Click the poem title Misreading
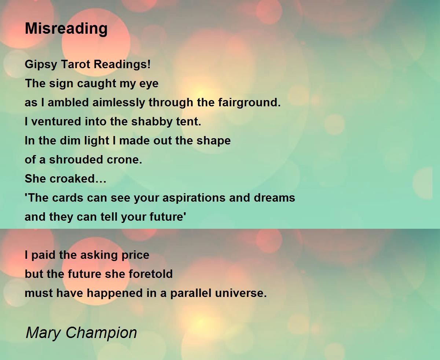click(x=66, y=29)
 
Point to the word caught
click(x=96, y=84)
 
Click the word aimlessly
click(x=118, y=103)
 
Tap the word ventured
click(x=56, y=121)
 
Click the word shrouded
click(x=76, y=159)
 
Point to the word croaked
click(x=78, y=179)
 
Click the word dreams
click(x=274, y=198)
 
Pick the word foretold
click(x=151, y=274)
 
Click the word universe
click(x=241, y=293)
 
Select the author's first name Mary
click(x=43, y=333)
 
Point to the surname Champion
click(x=101, y=333)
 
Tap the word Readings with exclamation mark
click(x=122, y=65)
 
